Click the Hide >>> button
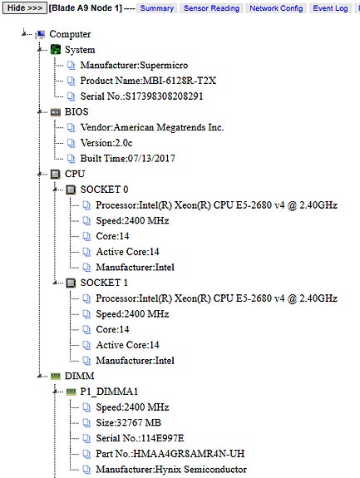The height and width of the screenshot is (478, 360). click(x=25, y=8)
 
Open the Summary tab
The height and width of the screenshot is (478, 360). click(x=156, y=8)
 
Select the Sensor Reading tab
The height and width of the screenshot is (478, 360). click(x=211, y=8)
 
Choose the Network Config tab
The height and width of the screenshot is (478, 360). click(x=276, y=8)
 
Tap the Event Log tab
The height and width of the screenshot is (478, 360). click(x=330, y=8)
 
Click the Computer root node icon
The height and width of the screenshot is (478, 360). click(x=40, y=34)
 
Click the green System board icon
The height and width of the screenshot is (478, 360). click(x=56, y=49)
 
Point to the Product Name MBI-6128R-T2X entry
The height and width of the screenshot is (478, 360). click(x=148, y=81)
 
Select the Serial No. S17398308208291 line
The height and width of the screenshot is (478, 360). click(x=141, y=96)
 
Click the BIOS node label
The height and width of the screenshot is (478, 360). click(x=76, y=112)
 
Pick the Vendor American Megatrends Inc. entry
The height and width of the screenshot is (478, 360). click(x=152, y=127)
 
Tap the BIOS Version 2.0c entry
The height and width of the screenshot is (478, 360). click(x=106, y=143)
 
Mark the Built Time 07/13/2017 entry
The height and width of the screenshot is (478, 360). click(x=127, y=159)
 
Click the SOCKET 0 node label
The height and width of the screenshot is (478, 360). click(x=104, y=190)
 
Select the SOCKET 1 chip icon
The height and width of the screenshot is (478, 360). click(x=71, y=283)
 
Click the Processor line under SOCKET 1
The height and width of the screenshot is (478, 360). click(x=216, y=298)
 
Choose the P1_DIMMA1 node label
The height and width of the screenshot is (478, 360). click(x=109, y=392)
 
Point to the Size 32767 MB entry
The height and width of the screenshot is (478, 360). click(x=128, y=422)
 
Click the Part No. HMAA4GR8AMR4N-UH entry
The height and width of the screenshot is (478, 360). click(x=170, y=454)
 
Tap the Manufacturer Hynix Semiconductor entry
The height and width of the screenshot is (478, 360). click(x=171, y=469)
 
